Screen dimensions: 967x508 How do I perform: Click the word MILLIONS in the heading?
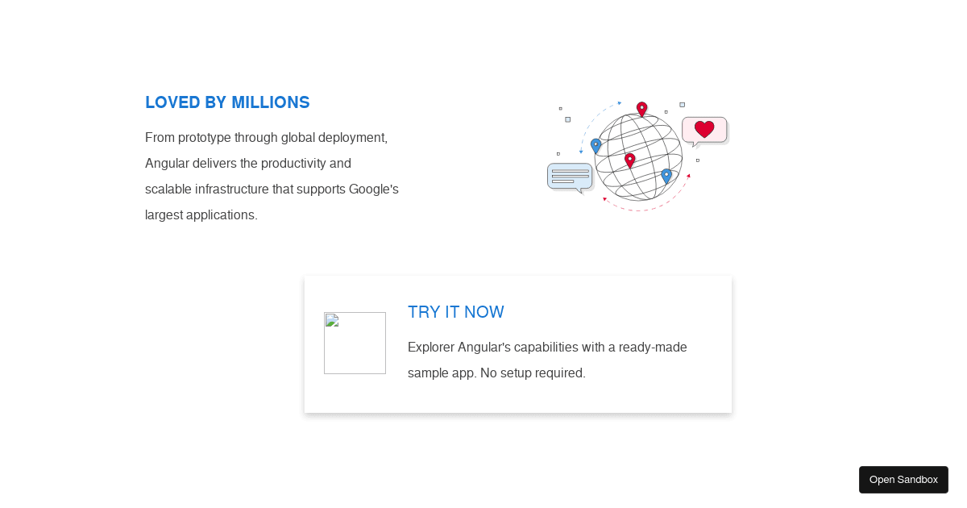tap(270, 102)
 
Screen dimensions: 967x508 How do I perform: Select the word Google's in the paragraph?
tap(373, 189)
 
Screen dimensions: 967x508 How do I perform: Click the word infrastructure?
tap(232, 189)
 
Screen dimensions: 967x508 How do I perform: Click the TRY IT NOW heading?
tap(456, 312)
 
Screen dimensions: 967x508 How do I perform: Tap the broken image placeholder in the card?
tap(355, 343)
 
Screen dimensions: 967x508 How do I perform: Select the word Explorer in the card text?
tap(431, 348)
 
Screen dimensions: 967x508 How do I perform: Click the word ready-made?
tap(653, 348)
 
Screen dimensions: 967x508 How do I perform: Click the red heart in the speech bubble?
tap(704, 129)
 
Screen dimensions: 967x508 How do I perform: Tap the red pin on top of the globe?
tap(642, 110)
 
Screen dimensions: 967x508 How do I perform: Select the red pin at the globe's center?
tap(630, 160)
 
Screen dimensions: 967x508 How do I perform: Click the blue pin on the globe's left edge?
tap(596, 146)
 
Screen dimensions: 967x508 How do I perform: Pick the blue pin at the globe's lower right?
tap(666, 177)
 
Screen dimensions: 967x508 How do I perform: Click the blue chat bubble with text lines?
tap(570, 177)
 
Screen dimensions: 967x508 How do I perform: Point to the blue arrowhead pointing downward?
tap(581, 152)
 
